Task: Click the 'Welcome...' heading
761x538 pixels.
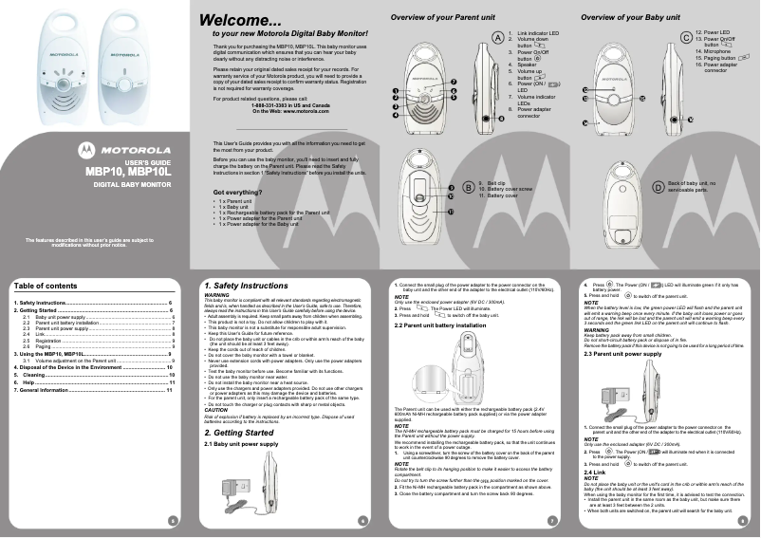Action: (x=240, y=20)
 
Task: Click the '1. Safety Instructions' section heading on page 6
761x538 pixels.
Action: (x=246, y=286)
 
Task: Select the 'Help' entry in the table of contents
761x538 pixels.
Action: (x=40, y=382)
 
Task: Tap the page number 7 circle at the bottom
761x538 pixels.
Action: (x=551, y=519)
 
